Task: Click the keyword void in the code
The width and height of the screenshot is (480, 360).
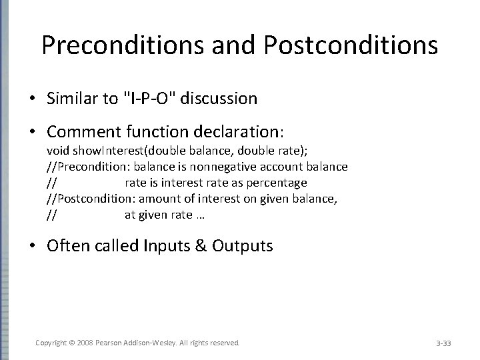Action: point(57,151)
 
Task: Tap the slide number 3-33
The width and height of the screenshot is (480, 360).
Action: point(443,343)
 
